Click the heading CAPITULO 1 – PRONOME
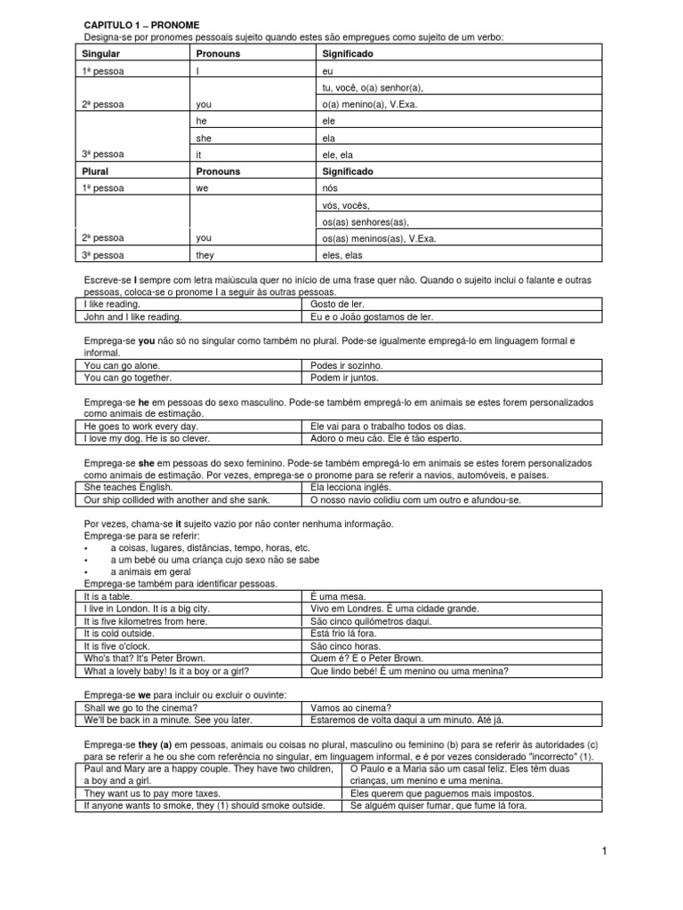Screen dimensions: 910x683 tap(141, 24)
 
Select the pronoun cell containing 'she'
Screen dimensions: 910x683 tap(205, 138)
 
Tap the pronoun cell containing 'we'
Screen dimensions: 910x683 tap(204, 188)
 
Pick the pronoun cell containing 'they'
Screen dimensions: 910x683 tap(206, 254)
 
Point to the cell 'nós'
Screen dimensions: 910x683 tap(331, 188)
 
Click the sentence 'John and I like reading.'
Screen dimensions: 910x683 tap(133, 316)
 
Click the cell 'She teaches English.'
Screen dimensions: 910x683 tap(128, 487)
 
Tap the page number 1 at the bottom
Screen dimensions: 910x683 tap(603, 852)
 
